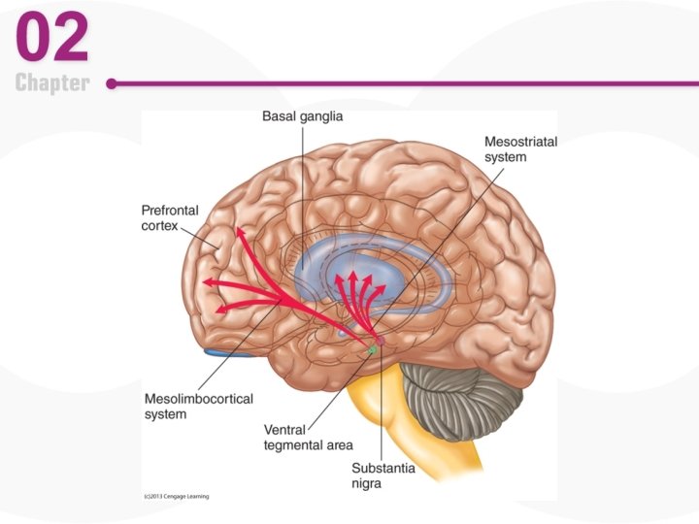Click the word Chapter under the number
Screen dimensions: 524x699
tap(52, 83)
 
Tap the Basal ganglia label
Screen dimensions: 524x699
tap(302, 116)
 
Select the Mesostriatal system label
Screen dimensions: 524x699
tap(520, 149)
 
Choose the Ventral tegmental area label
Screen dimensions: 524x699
tap(308, 437)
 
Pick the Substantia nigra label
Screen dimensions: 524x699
tap(383, 475)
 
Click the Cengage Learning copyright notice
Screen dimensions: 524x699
tap(176, 497)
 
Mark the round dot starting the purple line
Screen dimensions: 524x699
tap(112, 83)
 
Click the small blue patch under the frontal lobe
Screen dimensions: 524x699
tap(228, 353)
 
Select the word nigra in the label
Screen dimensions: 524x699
tap(368, 483)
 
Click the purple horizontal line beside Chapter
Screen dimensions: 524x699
tap(388, 83)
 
